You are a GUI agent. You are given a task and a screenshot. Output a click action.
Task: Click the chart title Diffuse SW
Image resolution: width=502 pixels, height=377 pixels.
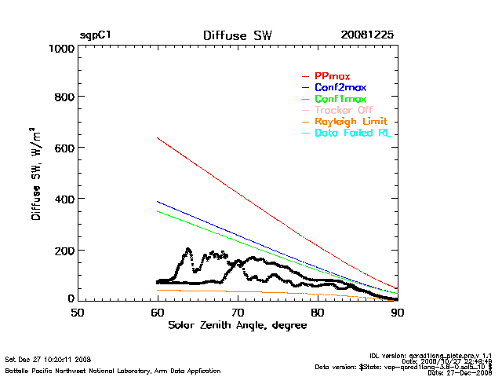tap(236, 36)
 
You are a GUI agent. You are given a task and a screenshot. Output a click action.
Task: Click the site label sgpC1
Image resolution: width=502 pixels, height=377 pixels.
tap(95, 36)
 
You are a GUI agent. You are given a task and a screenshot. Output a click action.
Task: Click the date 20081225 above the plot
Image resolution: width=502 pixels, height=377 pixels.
tap(367, 36)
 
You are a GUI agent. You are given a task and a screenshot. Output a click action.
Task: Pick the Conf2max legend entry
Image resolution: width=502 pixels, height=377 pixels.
tap(340, 88)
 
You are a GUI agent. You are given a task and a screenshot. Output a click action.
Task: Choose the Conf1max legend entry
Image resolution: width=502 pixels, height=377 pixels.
tap(340, 100)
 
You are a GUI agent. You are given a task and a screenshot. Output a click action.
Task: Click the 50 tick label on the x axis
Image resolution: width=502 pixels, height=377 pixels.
tap(78, 313)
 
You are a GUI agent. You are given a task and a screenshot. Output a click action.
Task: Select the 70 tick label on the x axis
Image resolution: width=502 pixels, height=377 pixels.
tap(238, 313)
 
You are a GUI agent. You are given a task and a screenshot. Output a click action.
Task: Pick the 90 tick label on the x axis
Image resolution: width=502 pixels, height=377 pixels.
tap(398, 313)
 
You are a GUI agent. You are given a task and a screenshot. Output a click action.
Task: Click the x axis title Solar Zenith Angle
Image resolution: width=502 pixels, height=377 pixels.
tap(236, 325)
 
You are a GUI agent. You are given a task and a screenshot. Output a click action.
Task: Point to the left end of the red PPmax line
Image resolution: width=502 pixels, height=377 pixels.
tap(158, 138)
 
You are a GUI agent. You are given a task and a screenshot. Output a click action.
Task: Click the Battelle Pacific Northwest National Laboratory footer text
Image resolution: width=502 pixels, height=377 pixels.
tap(113, 370)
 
